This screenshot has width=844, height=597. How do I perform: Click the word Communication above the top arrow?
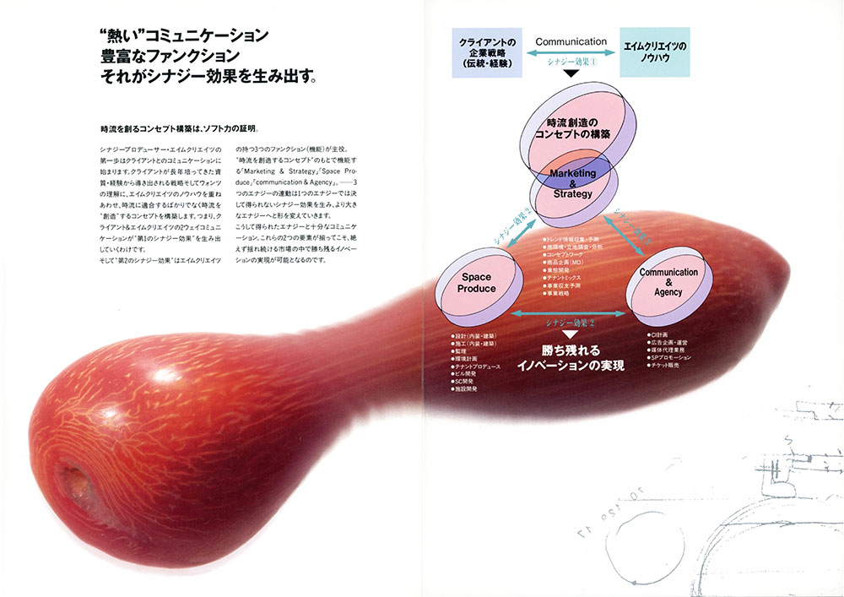coord(571,41)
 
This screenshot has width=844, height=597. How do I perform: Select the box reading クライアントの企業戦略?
coord(488,52)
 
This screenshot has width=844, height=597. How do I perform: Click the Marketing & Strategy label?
coord(573,183)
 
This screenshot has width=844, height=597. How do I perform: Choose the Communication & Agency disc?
coord(668,282)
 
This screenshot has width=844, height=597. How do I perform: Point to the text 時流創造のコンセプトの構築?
coord(573,129)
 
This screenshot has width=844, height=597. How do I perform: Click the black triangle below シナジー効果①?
coord(571,73)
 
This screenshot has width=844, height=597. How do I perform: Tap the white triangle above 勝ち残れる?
coord(572,335)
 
